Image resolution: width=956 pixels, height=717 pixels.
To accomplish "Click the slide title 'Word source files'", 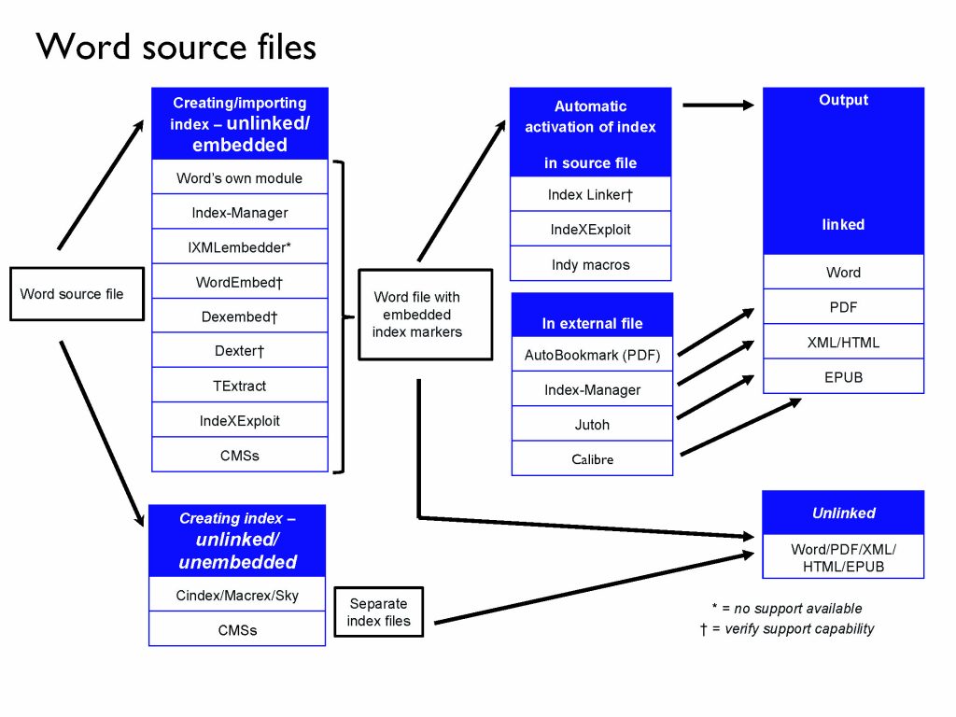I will coord(176,47).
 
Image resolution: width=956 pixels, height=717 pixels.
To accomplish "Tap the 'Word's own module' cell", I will coord(239,177).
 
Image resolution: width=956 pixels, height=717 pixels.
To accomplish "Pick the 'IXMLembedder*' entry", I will coord(239,247).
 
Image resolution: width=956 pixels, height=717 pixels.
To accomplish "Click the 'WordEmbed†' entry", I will coord(239,282).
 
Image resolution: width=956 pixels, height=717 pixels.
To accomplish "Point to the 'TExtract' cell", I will coord(239,386).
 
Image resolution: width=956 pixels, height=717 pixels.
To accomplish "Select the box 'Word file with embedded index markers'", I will coord(425,314).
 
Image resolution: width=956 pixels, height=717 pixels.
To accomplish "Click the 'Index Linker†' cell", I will coord(590,194).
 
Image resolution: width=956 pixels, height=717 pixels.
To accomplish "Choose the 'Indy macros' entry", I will coord(590,265).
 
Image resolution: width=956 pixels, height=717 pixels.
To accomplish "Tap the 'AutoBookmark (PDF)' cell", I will coord(592,355).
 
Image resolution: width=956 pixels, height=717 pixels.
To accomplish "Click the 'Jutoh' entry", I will coord(592,425).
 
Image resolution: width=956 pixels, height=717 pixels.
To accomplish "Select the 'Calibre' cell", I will coord(592,459).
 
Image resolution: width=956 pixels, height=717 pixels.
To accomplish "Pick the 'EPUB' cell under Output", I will coord(843,377).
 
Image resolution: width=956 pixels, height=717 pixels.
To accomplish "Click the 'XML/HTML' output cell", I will coord(843,343).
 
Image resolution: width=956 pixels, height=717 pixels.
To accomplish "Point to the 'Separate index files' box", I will coord(378,612).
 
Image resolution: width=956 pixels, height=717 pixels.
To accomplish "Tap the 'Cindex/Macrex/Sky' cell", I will coord(237,595).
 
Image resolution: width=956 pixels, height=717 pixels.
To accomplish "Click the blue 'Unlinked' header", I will coord(843,513).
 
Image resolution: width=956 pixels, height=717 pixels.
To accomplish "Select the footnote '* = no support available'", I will coord(785,609).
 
